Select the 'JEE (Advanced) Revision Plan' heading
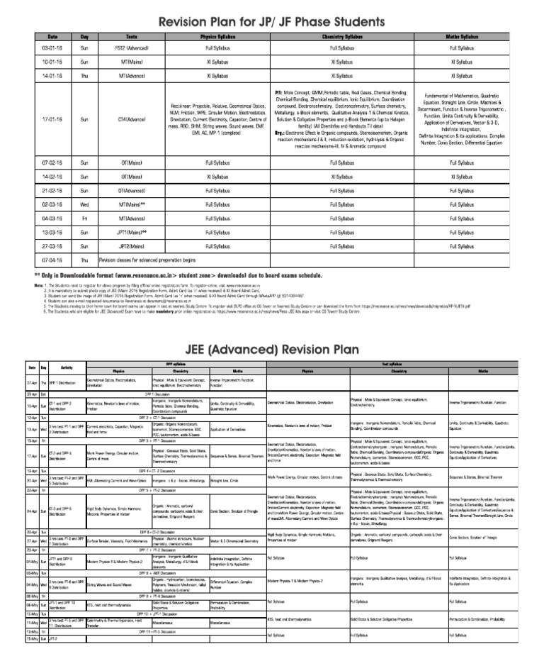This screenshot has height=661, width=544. click(271, 350)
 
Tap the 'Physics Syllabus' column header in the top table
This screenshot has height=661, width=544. click(219, 35)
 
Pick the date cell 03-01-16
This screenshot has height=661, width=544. click(52, 48)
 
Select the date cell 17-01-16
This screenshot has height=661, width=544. click(52, 119)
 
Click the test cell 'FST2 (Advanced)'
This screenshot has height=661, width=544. click(132, 48)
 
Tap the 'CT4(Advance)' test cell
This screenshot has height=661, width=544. click(132, 119)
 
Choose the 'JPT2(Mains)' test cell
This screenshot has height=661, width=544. click(132, 245)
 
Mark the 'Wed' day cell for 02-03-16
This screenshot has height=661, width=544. click(85, 204)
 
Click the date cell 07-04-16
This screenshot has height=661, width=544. click(52, 260)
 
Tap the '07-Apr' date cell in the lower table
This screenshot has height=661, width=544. click(32, 383)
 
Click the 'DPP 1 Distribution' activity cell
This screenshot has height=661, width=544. click(65, 383)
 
